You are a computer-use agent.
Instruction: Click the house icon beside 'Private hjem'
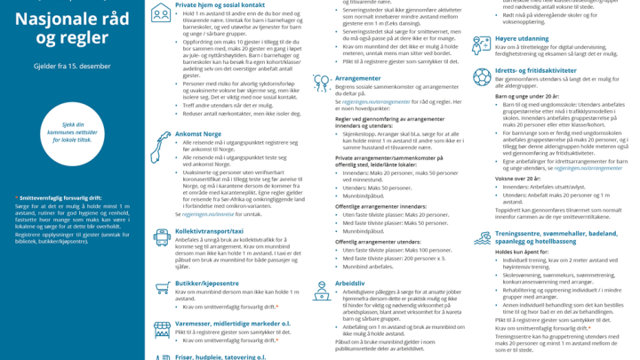[161, 12]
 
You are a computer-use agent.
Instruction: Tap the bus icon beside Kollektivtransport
[161, 236]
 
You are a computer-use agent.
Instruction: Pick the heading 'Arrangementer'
[333, 77]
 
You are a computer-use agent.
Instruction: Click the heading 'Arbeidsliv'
[325, 283]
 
